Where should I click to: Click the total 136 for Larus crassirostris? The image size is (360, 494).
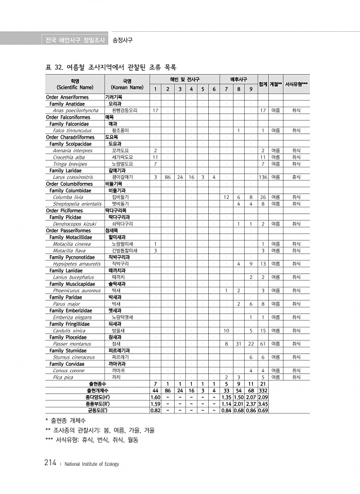coord(263,176)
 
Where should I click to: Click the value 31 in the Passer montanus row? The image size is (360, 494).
coord(238,343)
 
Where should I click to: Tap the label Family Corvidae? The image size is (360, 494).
coord(68,364)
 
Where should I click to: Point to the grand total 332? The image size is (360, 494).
coord(263,390)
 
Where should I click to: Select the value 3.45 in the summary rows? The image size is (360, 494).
coord(263,403)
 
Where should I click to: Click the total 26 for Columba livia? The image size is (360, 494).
coord(263,196)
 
